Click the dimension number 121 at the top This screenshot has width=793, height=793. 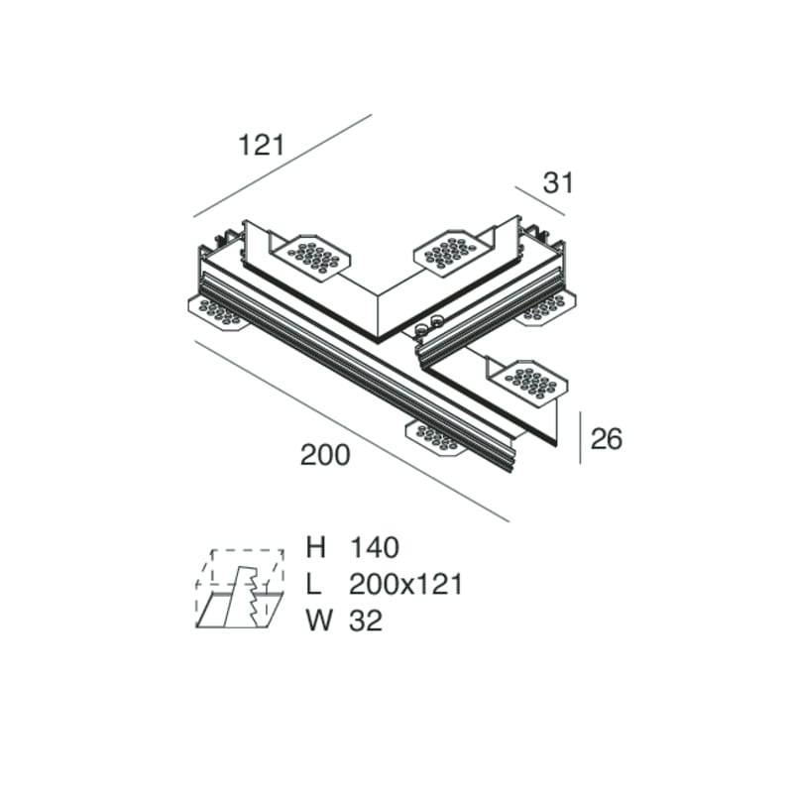[x=262, y=145]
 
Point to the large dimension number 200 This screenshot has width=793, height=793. [x=325, y=455]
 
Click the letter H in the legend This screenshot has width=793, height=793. [x=316, y=547]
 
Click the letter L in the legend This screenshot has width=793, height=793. [x=315, y=584]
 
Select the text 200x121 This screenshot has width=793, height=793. [x=405, y=584]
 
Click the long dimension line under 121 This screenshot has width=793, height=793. [x=283, y=165]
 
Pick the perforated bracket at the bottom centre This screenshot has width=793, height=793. [x=436, y=436]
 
